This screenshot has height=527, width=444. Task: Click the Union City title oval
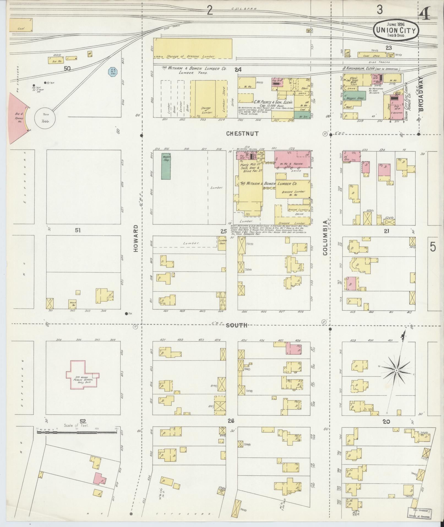[x=396, y=30]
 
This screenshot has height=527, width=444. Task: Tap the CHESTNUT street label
[x=243, y=134]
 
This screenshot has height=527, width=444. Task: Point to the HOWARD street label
[x=136, y=238]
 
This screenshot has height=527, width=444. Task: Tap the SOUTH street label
[x=236, y=326]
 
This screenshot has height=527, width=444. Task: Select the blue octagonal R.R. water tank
[x=112, y=72]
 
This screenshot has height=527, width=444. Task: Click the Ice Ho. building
[x=56, y=60]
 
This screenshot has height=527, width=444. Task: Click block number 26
[x=231, y=421]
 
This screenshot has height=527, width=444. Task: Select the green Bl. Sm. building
[x=302, y=115]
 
